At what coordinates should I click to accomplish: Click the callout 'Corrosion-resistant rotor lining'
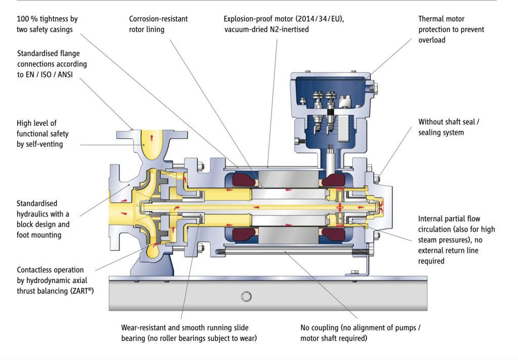click(158, 24)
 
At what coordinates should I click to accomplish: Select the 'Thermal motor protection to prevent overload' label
click(451, 29)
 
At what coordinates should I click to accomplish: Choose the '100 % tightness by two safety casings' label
click(47, 24)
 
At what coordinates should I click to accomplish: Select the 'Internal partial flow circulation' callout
click(456, 240)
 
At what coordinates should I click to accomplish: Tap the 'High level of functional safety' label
click(42, 134)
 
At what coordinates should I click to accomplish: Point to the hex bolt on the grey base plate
click(246, 296)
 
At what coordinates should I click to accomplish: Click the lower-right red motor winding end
click(332, 234)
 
